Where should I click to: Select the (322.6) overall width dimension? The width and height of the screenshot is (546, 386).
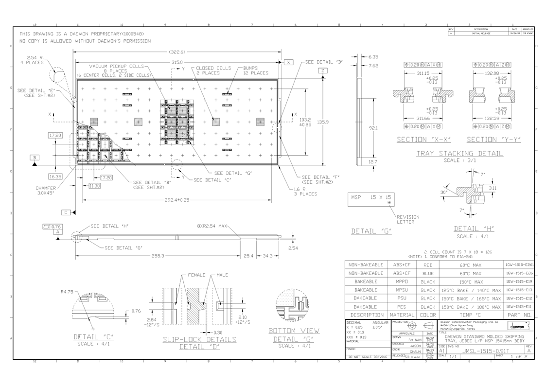(x=177, y=52)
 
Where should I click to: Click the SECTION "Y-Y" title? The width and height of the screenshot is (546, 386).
(x=493, y=140)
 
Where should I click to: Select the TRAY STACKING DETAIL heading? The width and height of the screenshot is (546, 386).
(x=459, y=154)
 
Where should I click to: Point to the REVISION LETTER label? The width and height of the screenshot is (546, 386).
(x=407, y=220)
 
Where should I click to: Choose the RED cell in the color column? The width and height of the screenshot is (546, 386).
(x=428, y=265)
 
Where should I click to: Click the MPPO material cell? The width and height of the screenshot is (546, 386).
(x=402, y=282)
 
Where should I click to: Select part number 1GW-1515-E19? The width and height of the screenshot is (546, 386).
(x=519, y=282)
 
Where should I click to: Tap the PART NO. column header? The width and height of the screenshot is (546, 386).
(x=519, y=315)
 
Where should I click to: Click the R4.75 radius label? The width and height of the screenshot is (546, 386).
(x=67, y=292)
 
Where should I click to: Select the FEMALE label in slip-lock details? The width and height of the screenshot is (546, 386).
(x=196, y=275)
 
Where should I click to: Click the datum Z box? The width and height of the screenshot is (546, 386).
(x=323, y=71)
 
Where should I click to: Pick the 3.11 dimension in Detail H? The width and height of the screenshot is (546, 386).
(x=492, y=187)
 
